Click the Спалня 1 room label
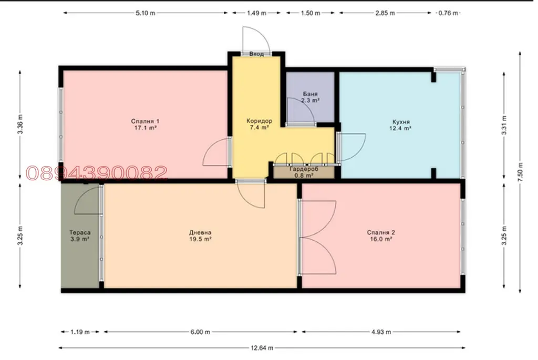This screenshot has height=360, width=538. [x=145, y=124]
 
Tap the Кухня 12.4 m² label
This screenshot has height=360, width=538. [x=400, y=125]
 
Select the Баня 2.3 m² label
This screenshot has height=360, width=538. [x=310, y=97]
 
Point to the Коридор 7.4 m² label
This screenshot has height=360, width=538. [x=259, y=124]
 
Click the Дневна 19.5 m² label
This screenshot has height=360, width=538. [x=200, y=235]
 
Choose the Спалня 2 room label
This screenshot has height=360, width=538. [x=381, y=235]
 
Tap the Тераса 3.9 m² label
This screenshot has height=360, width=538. [x=80, y=235]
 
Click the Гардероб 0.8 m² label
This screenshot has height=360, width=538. [x=304, y=172]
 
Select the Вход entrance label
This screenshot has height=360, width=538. [x=256, y=54]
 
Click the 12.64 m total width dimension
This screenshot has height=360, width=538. [x=262, y=347]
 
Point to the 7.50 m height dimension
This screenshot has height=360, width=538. [x=520, y=172]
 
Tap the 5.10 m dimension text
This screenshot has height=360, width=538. [x=145, y=13]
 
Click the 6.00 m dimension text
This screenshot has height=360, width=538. [x=200, y=332]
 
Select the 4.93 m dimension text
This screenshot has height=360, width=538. [x=381, y=332]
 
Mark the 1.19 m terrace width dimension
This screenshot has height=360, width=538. [x=80, y=332]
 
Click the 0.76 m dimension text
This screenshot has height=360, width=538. [x=448, y=13]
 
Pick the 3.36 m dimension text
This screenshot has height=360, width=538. [x=20, y=124]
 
